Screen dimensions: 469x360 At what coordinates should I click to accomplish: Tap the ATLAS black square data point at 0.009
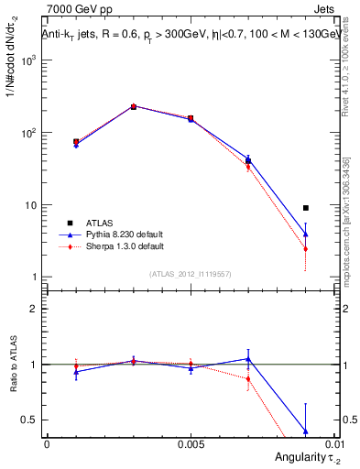tap(306, 208)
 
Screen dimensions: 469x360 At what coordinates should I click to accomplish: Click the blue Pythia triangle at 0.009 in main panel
tap(306, 234)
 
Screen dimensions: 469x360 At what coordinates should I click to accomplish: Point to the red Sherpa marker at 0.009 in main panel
tap(306, 249)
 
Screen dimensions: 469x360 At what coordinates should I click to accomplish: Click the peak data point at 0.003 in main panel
tap(133, 106)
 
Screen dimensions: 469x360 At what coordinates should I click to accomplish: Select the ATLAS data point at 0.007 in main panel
tap(248, 161)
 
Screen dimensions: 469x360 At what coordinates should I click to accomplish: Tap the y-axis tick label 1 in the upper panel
tap(35, 278)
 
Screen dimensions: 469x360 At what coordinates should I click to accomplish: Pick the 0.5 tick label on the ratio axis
tap(31, 420)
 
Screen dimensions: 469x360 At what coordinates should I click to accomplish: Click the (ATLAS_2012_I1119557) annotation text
tap(191, 274)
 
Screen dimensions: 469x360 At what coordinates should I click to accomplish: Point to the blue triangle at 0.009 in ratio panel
tap(306, 431)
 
